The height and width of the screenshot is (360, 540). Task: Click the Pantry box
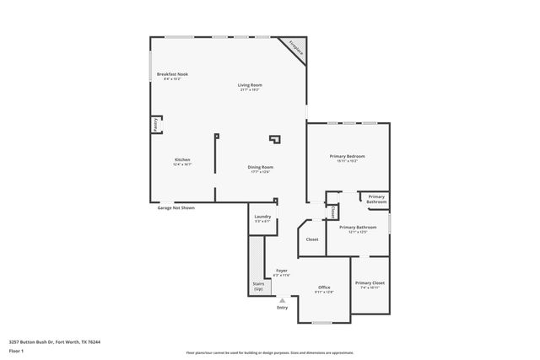(156, 125)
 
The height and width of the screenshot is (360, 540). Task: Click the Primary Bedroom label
(347, 158)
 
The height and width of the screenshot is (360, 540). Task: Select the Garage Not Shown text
(175, 207)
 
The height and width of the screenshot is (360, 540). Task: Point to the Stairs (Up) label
(258, 287)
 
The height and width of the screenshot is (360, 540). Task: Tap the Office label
(324, 288)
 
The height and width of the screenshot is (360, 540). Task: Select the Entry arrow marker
(282, 299)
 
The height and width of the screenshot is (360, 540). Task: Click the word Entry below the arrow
(282, 308)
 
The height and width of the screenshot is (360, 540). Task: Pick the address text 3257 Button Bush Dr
(55, 342)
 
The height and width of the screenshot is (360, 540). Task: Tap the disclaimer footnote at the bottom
(269, 352)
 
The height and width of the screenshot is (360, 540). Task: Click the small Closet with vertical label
(332, 212)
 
